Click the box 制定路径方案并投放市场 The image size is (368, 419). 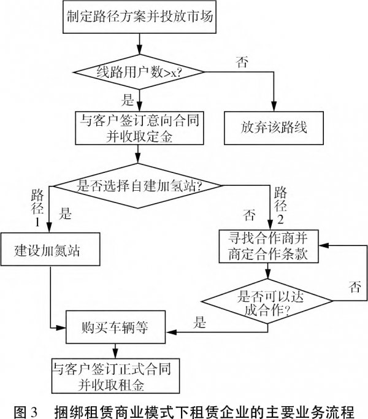140,17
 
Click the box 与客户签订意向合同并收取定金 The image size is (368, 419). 140,128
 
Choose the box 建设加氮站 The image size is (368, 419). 48,250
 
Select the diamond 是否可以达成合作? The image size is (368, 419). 268,301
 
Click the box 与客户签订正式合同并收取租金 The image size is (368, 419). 113,375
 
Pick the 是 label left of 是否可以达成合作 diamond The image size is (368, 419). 199,319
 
